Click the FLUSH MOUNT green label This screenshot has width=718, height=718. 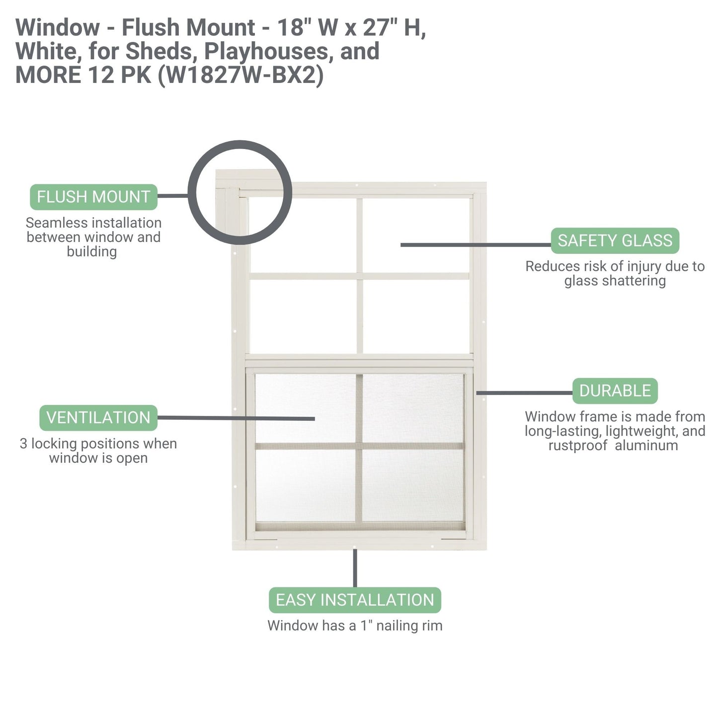(93, 197)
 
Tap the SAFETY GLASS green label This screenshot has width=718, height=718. (615, 240)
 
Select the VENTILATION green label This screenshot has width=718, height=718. (98, 417)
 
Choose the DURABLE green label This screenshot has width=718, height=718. (615, 391)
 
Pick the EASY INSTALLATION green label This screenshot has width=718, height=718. (355, 600)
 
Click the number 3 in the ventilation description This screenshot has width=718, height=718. (23, 443)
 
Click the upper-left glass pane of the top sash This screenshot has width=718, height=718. (303, 235)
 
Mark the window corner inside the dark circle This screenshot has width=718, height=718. (240, 193)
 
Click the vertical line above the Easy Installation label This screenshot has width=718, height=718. (355, 568)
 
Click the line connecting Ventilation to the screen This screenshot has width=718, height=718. (236, 418)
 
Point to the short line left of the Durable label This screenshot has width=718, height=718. (524, 393)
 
